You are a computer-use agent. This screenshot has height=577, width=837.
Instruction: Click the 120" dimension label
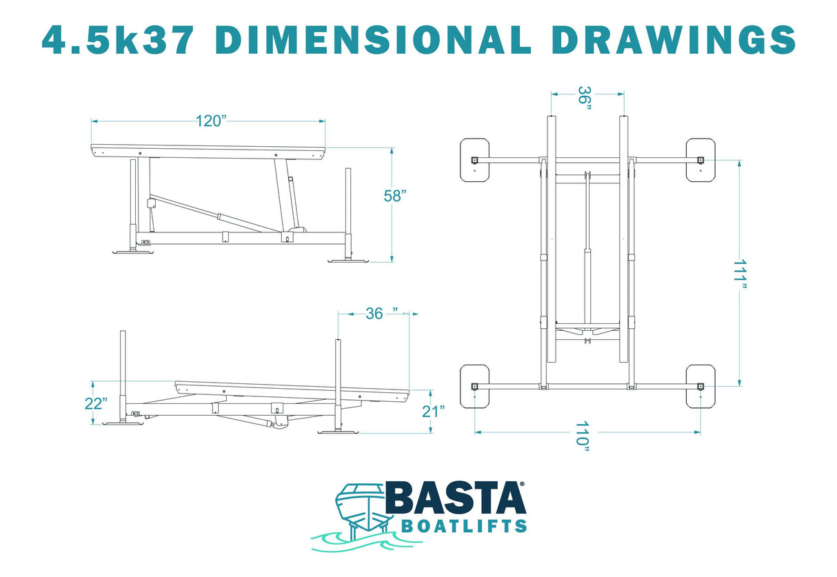click(210, 121)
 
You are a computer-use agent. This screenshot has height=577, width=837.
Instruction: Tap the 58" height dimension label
click(395, 196)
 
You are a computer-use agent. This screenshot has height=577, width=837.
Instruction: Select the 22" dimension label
click(97, 403)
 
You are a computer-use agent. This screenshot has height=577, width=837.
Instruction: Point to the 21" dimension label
click(432, 412)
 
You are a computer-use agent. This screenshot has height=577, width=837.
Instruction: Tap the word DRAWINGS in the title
click(674, 40)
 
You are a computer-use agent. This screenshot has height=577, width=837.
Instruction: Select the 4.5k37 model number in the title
click(118, 40)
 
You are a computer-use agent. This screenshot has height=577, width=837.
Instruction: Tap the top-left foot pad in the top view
click(474, 160)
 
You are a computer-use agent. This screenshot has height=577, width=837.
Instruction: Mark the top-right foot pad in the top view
click(700, 160)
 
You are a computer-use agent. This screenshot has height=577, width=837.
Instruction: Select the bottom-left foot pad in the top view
click(474, 387)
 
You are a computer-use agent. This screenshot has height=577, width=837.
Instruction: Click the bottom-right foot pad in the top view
click(700, 387)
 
